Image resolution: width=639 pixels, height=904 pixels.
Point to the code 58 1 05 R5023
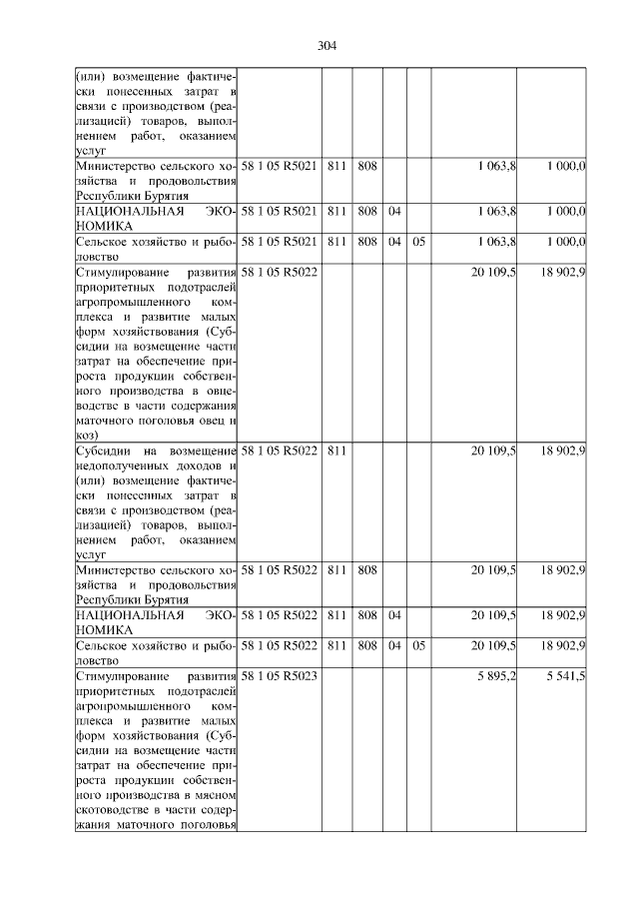279,676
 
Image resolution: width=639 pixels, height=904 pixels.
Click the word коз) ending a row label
85,435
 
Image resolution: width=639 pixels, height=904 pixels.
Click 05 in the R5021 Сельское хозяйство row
418,241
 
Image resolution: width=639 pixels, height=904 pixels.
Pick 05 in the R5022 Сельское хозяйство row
418,645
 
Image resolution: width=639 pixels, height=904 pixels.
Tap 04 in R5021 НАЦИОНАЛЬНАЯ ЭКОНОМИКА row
394,211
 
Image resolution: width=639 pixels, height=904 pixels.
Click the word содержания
205,406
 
